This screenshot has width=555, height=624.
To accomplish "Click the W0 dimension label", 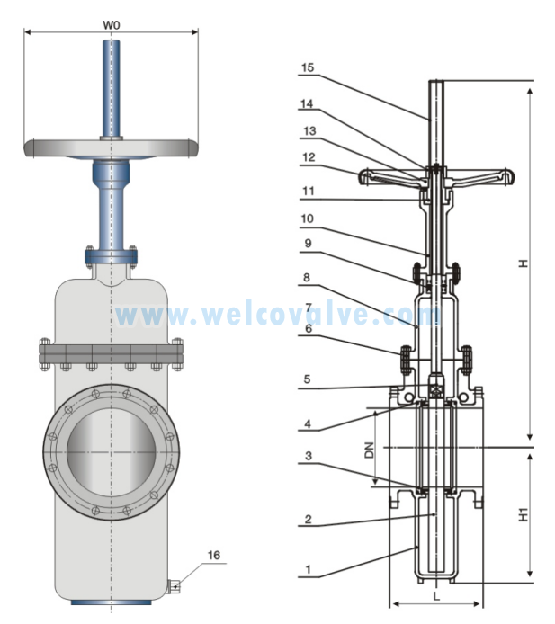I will point(112,24).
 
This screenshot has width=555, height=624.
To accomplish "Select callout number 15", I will point(307,67).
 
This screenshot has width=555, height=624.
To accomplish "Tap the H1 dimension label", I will point(523,516).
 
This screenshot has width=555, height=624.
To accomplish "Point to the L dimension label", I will point(435,595).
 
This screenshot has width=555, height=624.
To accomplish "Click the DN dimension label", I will point(369,449).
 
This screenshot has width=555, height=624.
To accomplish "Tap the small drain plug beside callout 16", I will point(174,587).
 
